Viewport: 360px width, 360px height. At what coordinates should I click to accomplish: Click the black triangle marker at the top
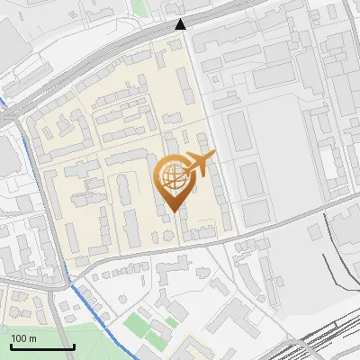click(181, 24)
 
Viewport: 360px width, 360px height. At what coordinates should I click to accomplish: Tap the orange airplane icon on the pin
click(201, 163)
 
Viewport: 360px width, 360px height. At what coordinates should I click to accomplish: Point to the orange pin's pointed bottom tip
click(173, 211)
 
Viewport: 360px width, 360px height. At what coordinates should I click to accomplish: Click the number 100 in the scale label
click(19, 338)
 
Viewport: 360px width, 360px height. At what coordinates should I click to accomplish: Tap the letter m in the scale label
click(32, 338)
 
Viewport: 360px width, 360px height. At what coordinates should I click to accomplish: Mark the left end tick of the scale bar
click(10, 346)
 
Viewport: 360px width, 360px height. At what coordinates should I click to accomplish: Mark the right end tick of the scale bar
click(74, 346)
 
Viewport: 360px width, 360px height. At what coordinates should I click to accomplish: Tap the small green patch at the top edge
click(138, 7)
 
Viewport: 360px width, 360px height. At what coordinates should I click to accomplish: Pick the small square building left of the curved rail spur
click(314, 232)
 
